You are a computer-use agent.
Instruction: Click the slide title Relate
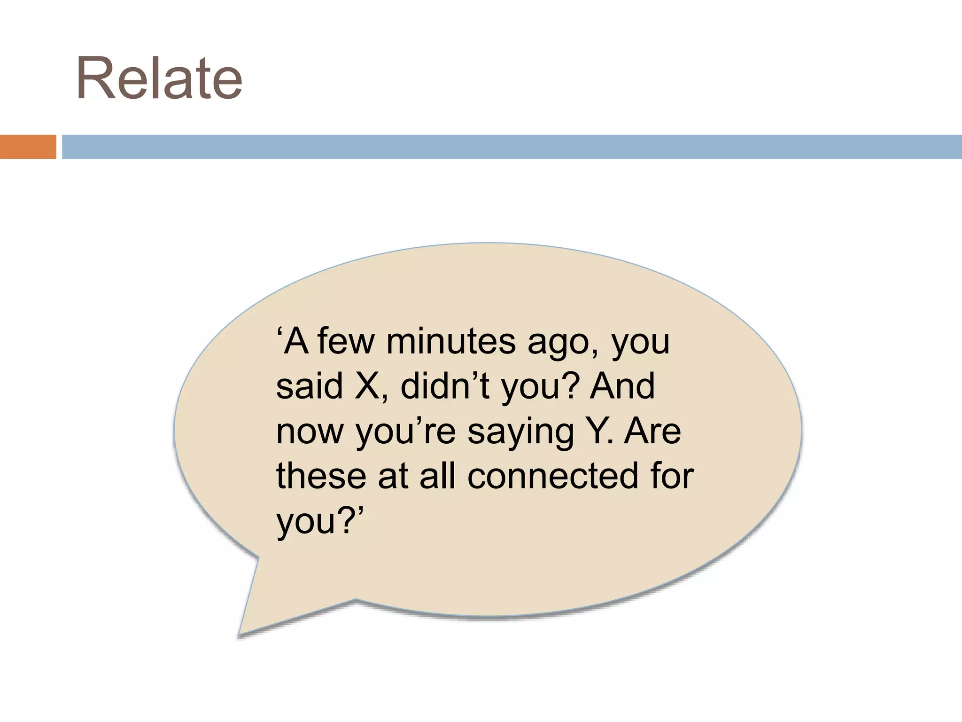coord(159,78)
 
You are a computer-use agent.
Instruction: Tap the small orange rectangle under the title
coord(28,147)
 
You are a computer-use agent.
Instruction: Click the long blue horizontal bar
coord(512,147)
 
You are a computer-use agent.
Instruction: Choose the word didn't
coord(445,386)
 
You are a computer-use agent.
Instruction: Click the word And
coord(622,386)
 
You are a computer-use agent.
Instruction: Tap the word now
coord(310,432)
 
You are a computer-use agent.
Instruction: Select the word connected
coord(553,476)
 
